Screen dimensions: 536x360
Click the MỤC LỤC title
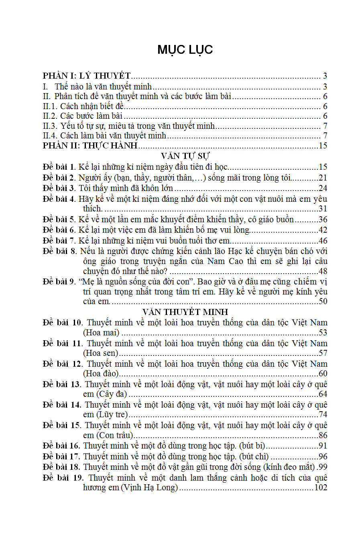185,50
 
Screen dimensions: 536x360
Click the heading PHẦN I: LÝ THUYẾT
87,76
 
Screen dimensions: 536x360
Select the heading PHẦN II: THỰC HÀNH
90,146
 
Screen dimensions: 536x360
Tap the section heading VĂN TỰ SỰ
185,156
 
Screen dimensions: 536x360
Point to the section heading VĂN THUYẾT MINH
185,312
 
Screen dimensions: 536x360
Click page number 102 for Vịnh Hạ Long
321,488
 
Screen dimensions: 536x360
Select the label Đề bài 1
59,167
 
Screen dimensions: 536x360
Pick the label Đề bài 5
59,219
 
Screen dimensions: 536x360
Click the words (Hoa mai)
101,333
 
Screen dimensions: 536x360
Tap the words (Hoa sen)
101,353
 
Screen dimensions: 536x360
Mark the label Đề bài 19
63,478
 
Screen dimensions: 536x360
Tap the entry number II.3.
50,126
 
